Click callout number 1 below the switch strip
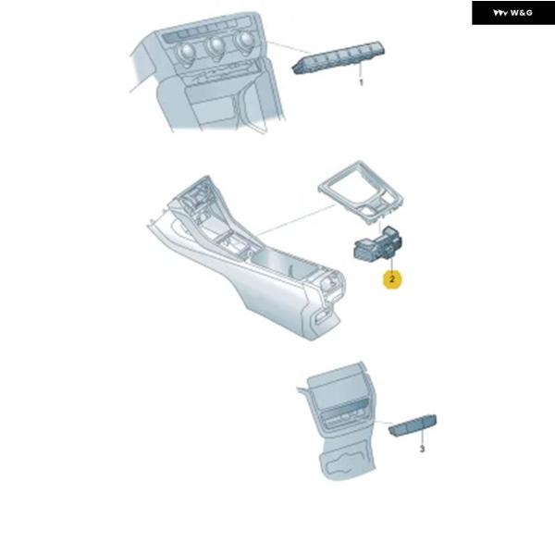[361, 82]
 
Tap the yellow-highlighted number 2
[392, 279]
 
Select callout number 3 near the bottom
[422, 449]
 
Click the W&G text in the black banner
[522, 13]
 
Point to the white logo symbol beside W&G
[500, 13]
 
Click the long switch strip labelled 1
[339, 57]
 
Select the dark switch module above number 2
[377, 244]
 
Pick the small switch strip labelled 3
[413, 425]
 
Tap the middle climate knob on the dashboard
[216, 46]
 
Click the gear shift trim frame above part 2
[362, 192]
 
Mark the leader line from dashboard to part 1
[288, 47]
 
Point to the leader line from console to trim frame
[296, 220]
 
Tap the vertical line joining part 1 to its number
[361, 71]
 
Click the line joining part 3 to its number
[421, 440]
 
